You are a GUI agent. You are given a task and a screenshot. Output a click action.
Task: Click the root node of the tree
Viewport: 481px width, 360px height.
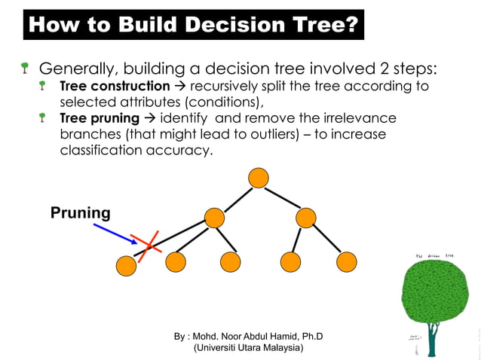pyautogui.click(x=258, y=178)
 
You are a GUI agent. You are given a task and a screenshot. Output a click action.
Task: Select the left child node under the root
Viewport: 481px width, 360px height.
pyautogui.click(x=215, y=218)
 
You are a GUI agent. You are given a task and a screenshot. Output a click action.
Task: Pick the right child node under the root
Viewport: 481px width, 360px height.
pyautogui.click(x=305, y=218)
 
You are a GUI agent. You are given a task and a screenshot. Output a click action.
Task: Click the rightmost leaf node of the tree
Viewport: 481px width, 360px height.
pyautogui.click(x=346, y=262)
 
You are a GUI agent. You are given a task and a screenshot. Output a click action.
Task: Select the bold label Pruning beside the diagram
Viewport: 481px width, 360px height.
pyautogui.click(x=80, y=213)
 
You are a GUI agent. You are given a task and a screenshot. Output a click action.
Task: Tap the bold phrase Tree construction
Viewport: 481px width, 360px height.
pyautogui.click(x=115, y=86)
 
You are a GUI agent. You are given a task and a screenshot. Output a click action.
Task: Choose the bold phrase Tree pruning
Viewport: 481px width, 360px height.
pyautogui.click(x=100, y=118)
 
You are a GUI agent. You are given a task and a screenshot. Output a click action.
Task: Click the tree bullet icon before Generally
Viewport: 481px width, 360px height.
pyautogui.click(x=26, y=69)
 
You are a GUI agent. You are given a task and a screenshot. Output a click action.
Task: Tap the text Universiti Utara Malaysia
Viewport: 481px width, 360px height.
pyautogui.click(x=248, y=348)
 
